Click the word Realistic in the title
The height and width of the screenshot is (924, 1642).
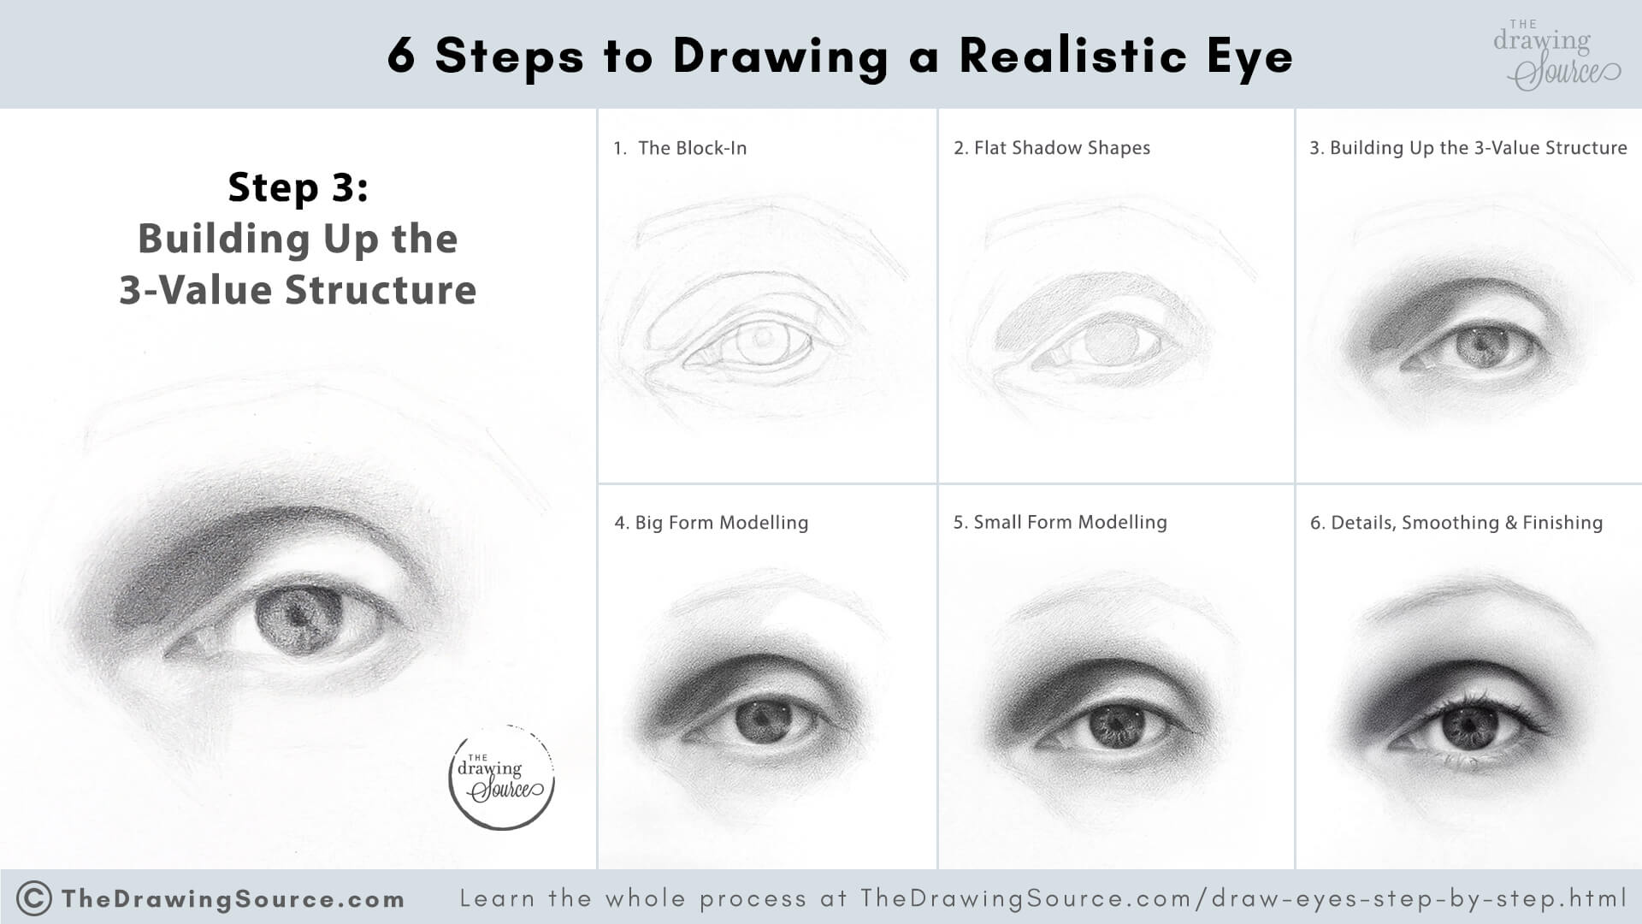1072,56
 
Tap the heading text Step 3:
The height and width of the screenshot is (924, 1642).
298,187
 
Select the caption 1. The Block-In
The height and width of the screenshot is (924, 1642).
680,148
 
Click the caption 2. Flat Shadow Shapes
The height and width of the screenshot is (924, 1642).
1052,148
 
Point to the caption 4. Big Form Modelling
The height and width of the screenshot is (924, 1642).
711,523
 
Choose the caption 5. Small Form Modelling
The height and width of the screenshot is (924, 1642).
1060,522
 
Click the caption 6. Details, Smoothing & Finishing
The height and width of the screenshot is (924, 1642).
1456,523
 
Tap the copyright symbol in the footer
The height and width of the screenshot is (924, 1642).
34,898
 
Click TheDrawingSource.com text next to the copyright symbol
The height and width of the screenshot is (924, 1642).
233,899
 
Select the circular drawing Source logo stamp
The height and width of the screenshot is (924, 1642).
502,778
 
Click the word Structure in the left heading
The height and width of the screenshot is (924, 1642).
380,289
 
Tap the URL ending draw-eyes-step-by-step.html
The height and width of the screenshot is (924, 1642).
1243,898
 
